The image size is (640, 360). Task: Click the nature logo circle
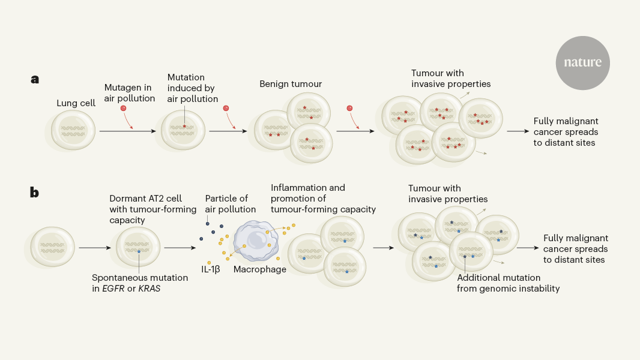tap(582, 63)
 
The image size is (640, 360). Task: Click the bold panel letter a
tap(35, 79)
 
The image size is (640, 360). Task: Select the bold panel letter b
tap(35, 193)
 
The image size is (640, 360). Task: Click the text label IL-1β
tap(211, 269)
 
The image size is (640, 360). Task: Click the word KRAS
tap(150, 289)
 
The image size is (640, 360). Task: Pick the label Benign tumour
tap(291, 84)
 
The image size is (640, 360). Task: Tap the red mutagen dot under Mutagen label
tap(123, 108)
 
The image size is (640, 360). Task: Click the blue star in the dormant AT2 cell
tap(139, 252)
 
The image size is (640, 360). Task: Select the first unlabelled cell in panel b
tap(53, 247)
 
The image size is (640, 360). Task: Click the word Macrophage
tap(260, 269)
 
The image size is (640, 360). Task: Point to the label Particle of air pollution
tap(231, 204)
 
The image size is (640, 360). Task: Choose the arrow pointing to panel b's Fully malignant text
tap(527, 247)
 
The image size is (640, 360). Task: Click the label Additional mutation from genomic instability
tap(508, 283)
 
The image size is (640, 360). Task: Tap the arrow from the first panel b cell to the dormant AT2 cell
tap(94, 247)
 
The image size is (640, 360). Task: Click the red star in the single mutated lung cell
tap(184, 126)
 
